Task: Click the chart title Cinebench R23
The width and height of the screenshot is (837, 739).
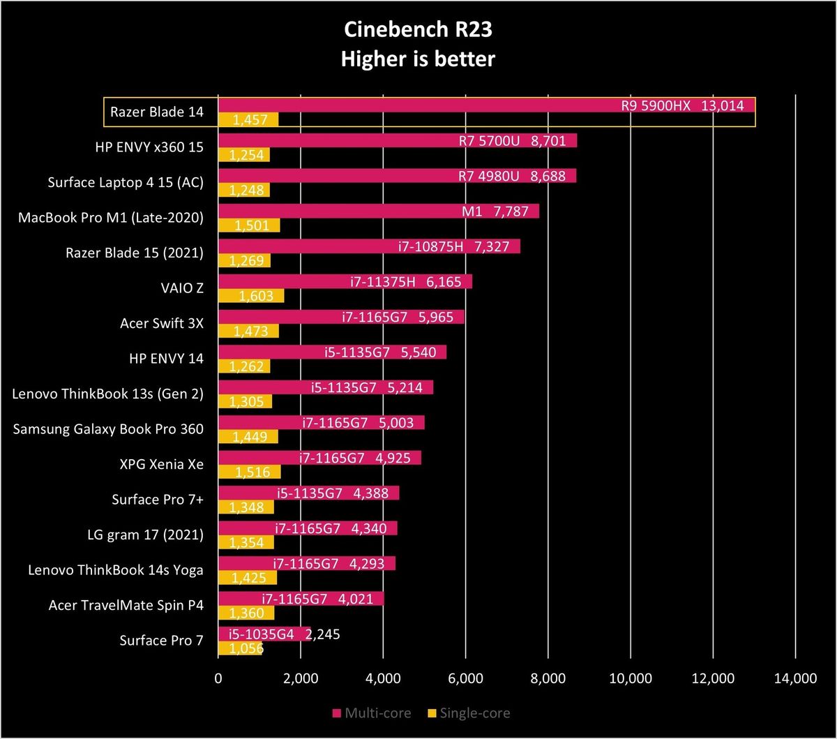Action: click(418, 30)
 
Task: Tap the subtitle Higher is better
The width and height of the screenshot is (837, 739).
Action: click(418, 59)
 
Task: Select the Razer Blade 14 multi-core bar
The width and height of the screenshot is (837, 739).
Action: click(486, 105)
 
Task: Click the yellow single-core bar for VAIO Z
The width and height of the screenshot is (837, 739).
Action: click(251, 296)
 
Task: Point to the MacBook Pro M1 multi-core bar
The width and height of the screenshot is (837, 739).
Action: click(379, 211)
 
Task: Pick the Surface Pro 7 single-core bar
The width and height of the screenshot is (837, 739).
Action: click(240, 648)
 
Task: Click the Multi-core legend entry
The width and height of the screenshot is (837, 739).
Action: click(372, 713)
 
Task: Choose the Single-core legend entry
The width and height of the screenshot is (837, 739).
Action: click(469, 713)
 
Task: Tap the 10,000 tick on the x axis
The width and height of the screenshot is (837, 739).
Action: click(631, 678)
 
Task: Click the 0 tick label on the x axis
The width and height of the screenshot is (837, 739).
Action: click(218, 678)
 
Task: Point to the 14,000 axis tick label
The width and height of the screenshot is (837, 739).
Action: click(795, 678)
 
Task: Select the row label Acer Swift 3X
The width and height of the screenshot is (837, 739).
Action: click(162, 323)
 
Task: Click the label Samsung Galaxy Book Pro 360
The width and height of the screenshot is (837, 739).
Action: click(108, 429)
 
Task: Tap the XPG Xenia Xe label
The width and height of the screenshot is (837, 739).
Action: click(162, 464)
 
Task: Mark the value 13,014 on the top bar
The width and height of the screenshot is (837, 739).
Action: click(723, 106)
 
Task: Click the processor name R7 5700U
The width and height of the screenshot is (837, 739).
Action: click(489, 141)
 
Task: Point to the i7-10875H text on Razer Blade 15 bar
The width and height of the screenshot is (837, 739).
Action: click(431, 247)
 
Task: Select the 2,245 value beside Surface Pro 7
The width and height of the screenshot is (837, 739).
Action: click(323, 634)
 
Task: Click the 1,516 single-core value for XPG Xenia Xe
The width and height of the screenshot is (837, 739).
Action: click(252, 472)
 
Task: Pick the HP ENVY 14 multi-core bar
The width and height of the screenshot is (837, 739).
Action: click(332, 352)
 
